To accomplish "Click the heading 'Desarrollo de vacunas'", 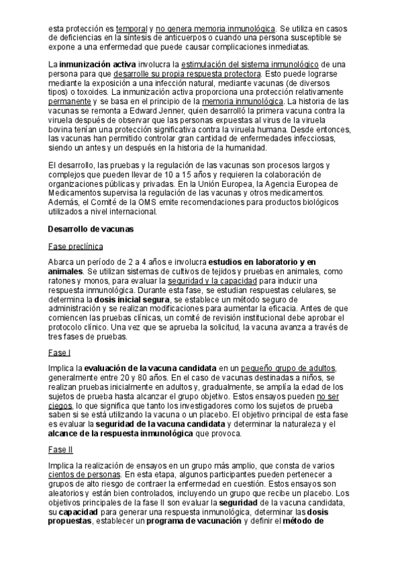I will point(91,229).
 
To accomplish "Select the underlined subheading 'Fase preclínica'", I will point(75,246).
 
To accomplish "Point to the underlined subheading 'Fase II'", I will point(61,449).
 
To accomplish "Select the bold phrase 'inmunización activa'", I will point(93,64).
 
